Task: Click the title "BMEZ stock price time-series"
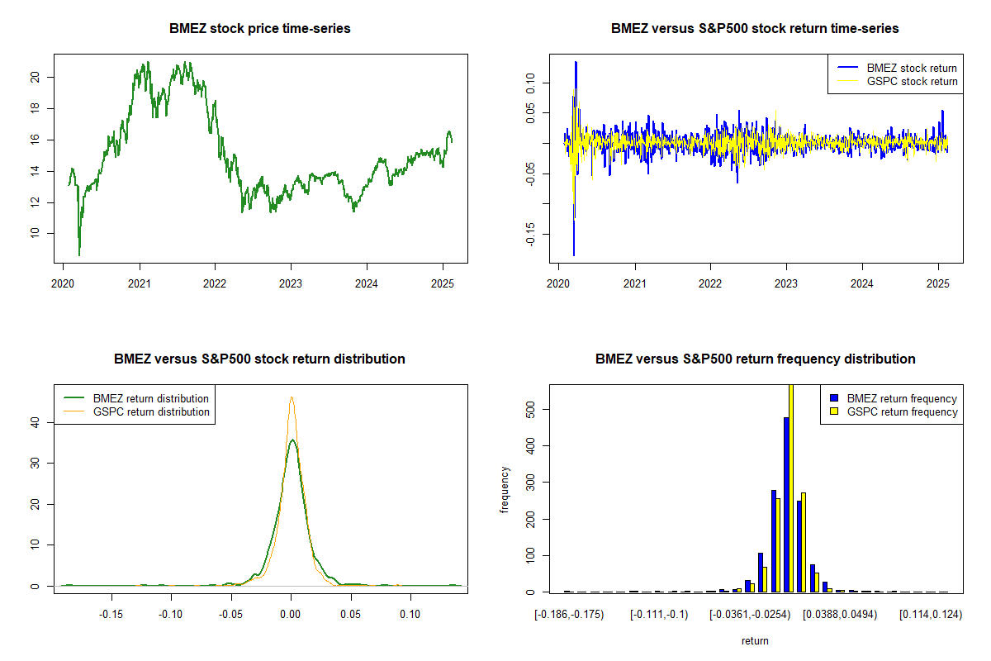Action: [x=260, y=29]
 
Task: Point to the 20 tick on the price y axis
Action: [x=34, y=77]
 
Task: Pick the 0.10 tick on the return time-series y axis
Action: [x=528, y=80]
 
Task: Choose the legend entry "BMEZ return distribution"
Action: [x=151, y=398]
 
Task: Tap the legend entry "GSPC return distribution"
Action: [x=151, y=411]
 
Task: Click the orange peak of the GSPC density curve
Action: [x=292, y=397]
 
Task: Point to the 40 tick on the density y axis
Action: [x=34, y=422]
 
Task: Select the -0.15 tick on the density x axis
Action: [x=111, y=614]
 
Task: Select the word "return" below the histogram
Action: [x=755, y=640]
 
